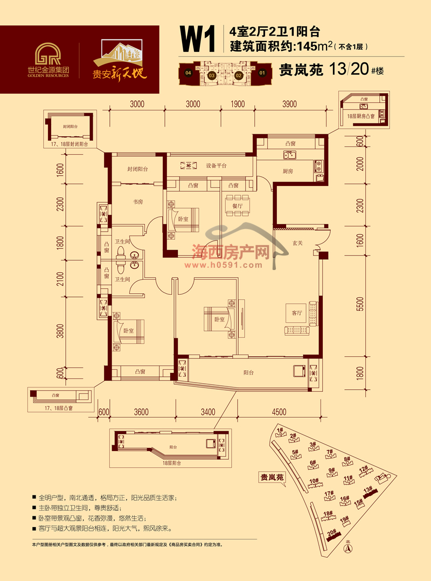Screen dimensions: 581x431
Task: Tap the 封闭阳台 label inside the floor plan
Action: pos(137,169)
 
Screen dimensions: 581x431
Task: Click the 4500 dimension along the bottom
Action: pos(279,412)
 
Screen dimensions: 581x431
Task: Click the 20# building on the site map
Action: pos(333,534)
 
